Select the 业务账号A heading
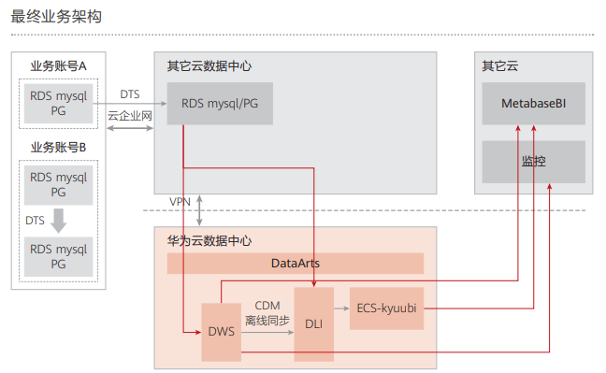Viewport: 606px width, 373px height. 58,66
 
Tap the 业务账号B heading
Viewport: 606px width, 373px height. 58,147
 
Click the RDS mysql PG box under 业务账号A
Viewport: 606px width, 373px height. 58,104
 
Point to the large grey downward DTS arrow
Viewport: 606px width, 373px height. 58,221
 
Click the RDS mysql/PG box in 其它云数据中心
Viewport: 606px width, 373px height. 220,104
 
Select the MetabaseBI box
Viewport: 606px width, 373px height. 533,104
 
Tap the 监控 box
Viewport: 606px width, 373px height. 533,161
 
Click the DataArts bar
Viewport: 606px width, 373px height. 295,264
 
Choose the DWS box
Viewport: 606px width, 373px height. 221,333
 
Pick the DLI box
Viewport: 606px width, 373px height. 313,324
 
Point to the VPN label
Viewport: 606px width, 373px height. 180,202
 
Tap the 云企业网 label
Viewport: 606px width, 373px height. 130,116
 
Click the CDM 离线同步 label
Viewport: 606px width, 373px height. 267,313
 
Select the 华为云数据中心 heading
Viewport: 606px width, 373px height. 209,240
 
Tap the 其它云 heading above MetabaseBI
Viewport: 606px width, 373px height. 498,66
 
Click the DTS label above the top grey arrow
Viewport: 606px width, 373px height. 130,94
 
